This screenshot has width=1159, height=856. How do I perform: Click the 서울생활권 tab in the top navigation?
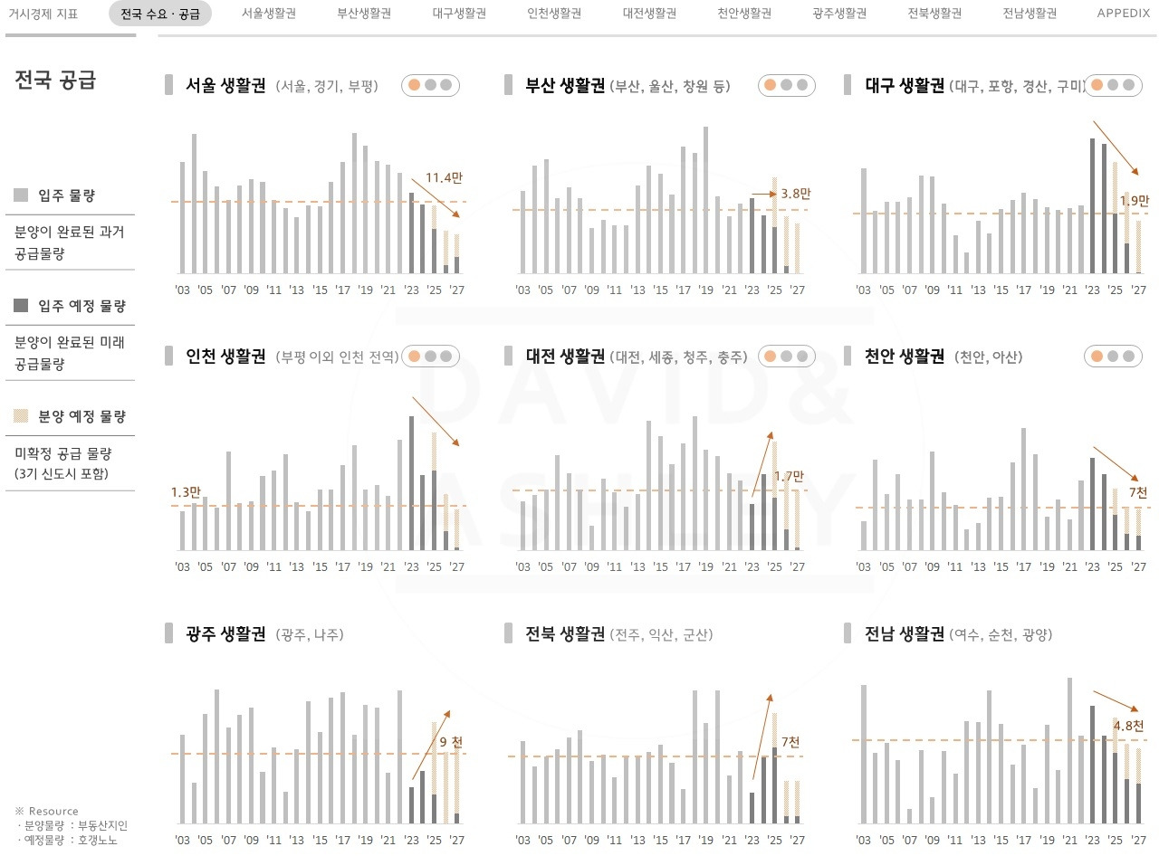pos(269,14)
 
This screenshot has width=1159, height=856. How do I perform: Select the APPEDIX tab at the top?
pos(1123,14)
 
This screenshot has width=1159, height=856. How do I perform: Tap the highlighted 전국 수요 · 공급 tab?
pos(160,14)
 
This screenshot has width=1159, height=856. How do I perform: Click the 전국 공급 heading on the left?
pos(55,80)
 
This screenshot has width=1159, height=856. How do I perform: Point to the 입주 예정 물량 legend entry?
pos(81,306)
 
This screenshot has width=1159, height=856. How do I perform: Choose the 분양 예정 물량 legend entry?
pos(81,416)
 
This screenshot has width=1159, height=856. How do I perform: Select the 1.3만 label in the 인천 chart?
pos(186,492)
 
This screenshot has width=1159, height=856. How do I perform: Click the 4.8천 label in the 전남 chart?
pos(1128,726)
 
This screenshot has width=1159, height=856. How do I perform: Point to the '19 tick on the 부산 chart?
pos(706,290)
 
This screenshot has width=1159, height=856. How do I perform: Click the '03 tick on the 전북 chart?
pos(522,839)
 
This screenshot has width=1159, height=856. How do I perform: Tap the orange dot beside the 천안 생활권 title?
pos(1097,357)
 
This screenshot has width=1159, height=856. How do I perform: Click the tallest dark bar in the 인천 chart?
pos(411,483)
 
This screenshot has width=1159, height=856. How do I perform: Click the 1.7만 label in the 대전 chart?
pos(789,476)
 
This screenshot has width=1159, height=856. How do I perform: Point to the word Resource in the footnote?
pos(53,811)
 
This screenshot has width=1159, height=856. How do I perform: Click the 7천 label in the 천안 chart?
pos(1137,492)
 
